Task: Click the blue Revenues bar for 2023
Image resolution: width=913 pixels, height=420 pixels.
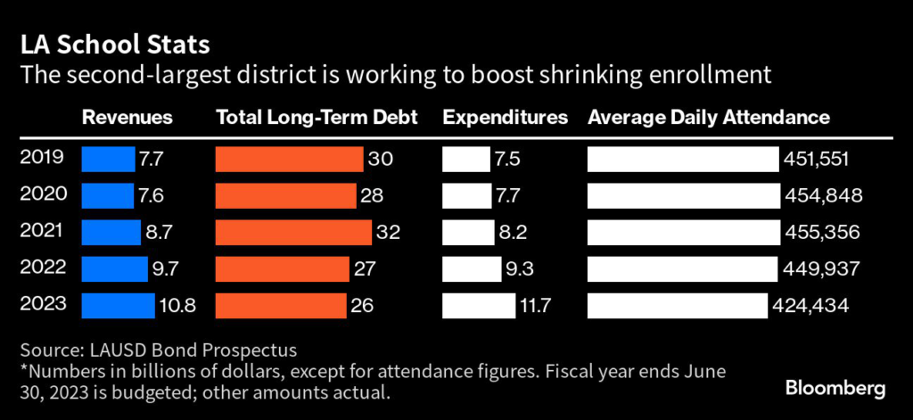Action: [118, 306]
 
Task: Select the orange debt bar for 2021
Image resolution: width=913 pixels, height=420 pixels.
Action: [293, 233]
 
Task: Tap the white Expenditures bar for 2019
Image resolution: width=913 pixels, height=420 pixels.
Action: [466, 160]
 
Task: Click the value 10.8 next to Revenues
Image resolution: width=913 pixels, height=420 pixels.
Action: [177, 306]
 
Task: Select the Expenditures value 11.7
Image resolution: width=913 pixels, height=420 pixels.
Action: [535, 306]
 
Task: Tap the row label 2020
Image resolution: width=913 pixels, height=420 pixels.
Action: [42, 195]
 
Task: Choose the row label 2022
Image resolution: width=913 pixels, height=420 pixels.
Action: [42, 268]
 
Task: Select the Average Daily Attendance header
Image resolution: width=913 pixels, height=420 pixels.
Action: [708, 118]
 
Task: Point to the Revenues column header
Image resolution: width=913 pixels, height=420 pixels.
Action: [127, 118]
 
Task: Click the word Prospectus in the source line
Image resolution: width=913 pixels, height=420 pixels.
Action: [251, 349]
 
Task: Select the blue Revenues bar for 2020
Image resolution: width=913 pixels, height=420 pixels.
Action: [107, 195]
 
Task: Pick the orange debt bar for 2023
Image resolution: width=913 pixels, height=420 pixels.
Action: [281, 306]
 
